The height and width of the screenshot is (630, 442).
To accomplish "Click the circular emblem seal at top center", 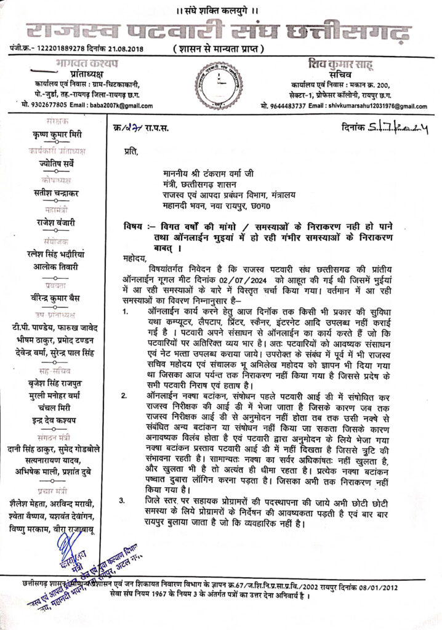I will (221, 86).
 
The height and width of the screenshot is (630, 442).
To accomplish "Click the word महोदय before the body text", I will (132, 257).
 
